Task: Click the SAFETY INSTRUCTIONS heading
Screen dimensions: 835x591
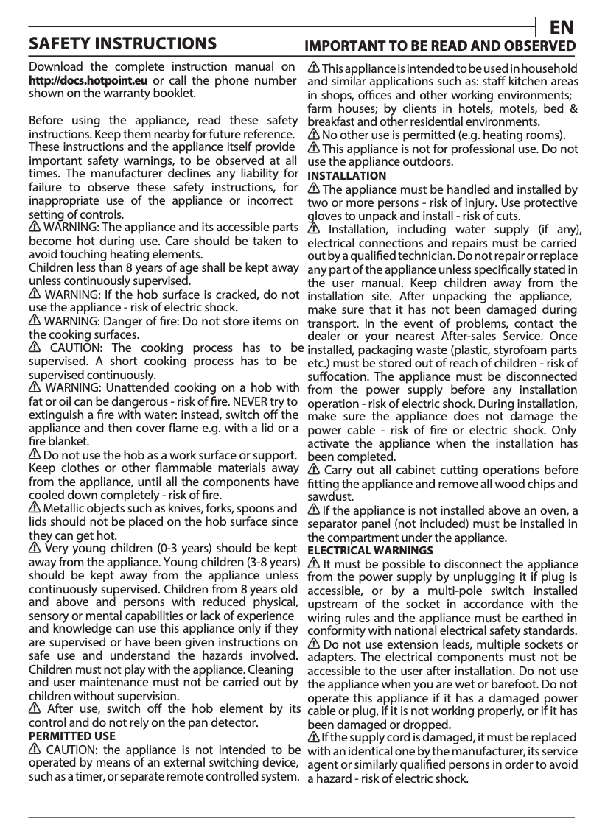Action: click(122, 43)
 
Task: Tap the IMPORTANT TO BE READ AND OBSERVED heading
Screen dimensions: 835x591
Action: click(441, 46)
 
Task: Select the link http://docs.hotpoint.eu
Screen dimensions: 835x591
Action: click(88, 80)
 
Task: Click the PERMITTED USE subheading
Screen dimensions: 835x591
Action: click(71, 736)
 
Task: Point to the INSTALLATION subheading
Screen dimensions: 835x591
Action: click(346, 175)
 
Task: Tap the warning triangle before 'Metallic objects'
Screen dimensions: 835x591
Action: click(35, 509)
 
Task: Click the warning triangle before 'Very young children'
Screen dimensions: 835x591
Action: click(35, 549)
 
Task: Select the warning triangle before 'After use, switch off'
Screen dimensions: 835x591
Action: click(35, 709)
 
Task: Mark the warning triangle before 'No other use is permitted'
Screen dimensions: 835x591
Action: click(313, 135)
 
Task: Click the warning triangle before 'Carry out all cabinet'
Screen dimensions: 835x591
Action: click(313, 471)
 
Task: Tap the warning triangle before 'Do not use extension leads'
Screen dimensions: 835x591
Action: click(313, 645)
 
